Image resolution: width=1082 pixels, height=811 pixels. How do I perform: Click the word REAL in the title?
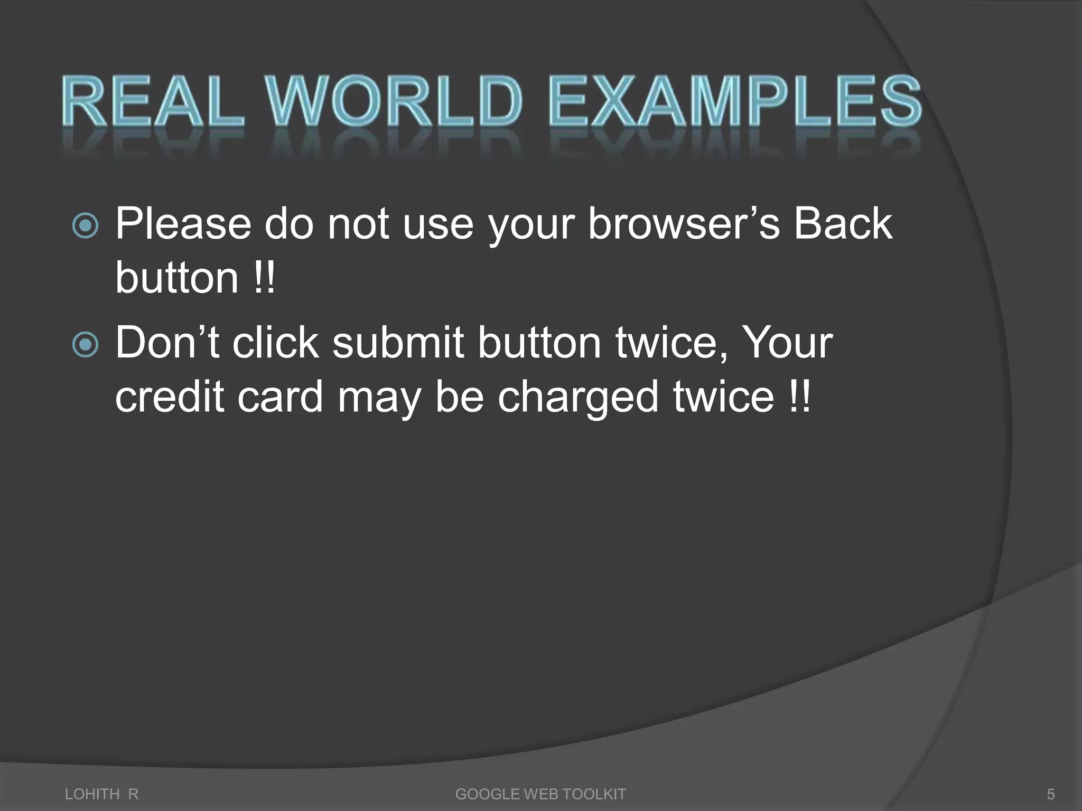coord(153,101)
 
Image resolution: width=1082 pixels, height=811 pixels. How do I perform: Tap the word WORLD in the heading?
coord(394,101)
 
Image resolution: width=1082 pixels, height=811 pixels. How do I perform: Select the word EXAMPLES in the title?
coord(735,101)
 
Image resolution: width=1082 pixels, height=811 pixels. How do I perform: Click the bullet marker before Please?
coord(85,226)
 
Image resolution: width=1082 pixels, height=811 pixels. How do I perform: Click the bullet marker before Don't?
coord(85,345)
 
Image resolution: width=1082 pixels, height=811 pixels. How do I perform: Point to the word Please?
coord(183,224)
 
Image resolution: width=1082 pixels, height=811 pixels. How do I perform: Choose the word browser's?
coord(684,224)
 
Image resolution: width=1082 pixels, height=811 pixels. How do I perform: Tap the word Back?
coord(843,224)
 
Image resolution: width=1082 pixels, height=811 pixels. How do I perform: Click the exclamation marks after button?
coord(264,278)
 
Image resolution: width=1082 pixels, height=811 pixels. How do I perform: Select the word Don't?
coord(167,343)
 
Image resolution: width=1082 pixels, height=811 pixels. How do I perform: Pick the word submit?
coord(398,343)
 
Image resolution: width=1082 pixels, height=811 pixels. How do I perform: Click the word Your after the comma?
coord(787,343)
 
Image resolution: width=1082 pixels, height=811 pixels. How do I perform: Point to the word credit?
coord(170,397)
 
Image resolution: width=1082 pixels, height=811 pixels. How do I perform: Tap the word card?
coord(279,397)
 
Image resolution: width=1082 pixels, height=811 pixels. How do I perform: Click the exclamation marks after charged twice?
coord(798,397)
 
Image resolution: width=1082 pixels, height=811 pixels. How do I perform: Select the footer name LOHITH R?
coord(101,794)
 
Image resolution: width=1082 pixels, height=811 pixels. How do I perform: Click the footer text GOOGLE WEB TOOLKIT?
coord(540,794)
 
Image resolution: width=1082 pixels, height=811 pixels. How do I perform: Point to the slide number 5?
coord(1051,794)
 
